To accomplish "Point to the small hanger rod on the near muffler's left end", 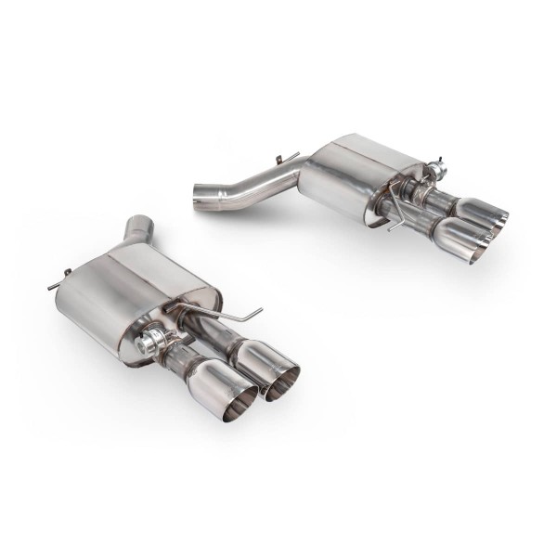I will click(58, 278).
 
